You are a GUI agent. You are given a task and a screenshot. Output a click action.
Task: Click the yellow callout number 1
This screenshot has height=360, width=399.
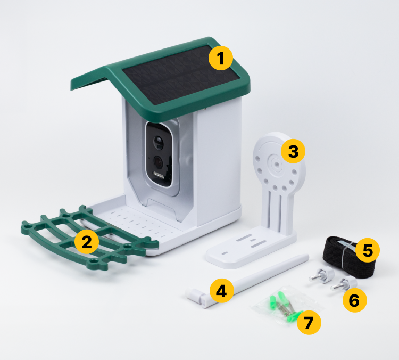point(221,58)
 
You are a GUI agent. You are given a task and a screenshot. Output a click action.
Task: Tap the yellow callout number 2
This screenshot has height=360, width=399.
point(87,242)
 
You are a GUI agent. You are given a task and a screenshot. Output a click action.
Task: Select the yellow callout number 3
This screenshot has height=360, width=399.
point(293,151)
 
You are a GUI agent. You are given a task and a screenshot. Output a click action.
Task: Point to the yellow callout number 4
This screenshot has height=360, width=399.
point(222,291)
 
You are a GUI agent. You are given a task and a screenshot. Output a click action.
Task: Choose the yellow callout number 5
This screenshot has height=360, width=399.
point(368,250)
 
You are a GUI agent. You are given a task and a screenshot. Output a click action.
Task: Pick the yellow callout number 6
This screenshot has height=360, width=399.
point(355,300)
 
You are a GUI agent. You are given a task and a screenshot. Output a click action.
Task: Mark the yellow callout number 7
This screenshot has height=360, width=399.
point(309,322)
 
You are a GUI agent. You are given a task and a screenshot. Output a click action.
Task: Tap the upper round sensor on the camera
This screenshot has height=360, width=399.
point(159,143)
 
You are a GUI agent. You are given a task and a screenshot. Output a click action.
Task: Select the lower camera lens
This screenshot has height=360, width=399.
point(159,162)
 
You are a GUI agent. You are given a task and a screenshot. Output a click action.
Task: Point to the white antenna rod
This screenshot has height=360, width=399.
point(246,281)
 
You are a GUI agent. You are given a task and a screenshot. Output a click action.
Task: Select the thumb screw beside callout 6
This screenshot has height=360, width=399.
point(344,283)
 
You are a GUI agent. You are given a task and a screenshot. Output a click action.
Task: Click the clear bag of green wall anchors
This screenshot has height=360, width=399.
point(285,306)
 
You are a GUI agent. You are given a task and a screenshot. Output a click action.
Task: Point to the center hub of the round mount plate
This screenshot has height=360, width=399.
point(276,164)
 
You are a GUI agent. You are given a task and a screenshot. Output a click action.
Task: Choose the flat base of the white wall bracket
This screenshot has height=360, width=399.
point(251,247)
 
